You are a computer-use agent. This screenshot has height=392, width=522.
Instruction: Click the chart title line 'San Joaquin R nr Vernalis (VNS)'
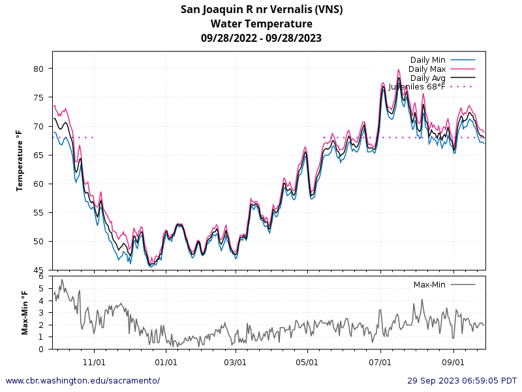(261, 9)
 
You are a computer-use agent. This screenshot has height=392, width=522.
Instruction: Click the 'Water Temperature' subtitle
(261, 24)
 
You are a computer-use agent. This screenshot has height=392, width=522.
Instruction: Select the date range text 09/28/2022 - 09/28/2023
(261, 38)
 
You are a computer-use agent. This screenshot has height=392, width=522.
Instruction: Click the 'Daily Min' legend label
(427, 60)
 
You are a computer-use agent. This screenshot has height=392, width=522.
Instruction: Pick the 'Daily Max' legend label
(427, 69)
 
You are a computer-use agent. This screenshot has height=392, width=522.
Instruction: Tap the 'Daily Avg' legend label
(427, 78)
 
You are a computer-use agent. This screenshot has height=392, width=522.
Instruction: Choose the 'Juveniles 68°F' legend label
(417, 86)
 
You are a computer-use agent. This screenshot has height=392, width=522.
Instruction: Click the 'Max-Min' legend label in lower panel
(430, 284)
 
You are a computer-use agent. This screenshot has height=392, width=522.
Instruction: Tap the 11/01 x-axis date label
(95, 361)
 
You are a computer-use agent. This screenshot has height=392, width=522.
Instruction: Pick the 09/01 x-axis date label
(453, 361)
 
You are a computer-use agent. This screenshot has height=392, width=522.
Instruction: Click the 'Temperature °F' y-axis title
(20, 160)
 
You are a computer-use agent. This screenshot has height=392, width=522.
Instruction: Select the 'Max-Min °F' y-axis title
(25, 312)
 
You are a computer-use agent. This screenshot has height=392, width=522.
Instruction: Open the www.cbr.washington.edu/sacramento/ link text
(82, 380)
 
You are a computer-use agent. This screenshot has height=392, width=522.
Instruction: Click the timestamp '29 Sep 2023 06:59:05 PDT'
(462, 380)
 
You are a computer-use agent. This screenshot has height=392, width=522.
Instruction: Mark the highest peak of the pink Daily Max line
(398, 70)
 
